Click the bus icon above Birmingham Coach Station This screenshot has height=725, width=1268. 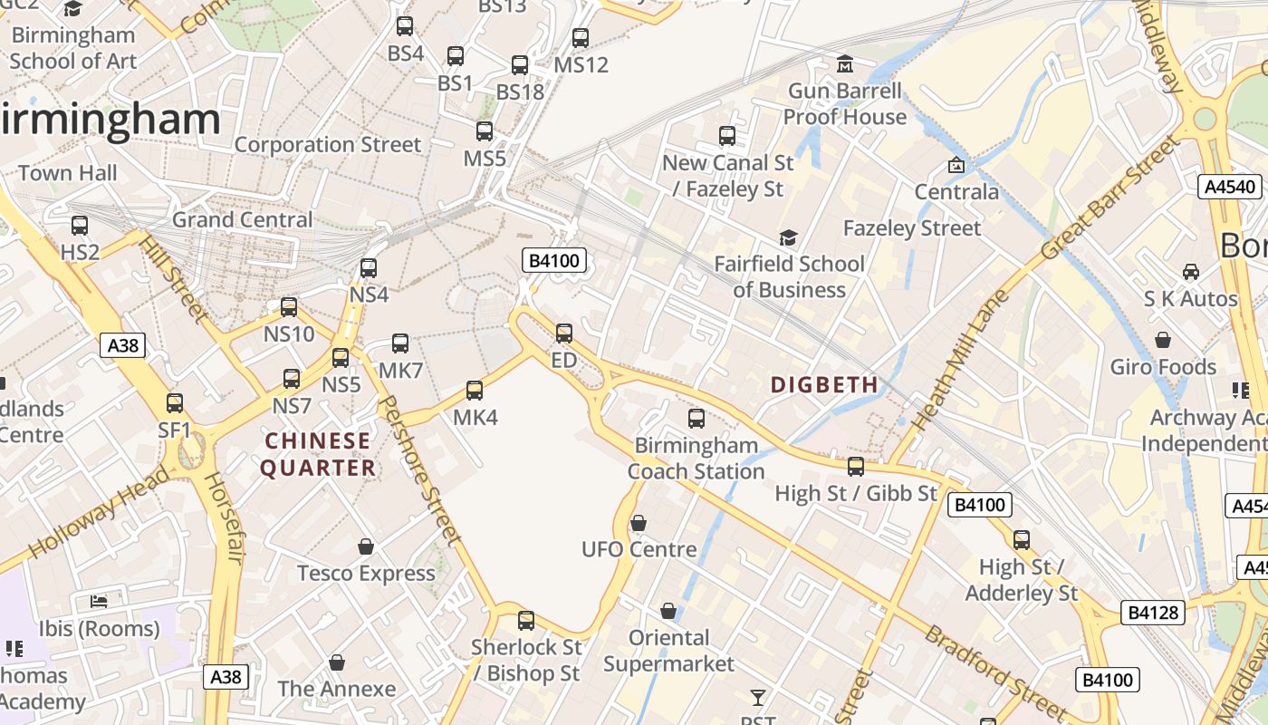(696, 419)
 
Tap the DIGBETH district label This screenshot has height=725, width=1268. (824, 384)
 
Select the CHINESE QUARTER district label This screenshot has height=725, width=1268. (318, 454)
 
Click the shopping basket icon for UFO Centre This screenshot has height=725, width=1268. (639, 523)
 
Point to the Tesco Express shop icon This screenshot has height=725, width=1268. (366, 546)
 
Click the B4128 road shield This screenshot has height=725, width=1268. (1153, 613)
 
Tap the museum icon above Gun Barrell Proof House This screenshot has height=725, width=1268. (845, 64)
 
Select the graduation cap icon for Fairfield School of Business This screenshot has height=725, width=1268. (788, 237)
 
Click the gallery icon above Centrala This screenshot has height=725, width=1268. (956, 165)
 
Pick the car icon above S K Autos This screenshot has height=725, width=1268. (1190, 272)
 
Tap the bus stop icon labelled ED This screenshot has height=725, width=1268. (563, 333)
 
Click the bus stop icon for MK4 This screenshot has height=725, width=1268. (475, 391)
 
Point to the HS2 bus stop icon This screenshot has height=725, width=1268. (80, 226)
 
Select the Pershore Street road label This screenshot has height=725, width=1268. (419, 471)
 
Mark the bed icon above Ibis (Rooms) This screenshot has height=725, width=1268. (99, 602)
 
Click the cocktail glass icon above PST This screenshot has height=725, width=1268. (757, 698)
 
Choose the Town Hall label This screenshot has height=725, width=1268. (68, 172)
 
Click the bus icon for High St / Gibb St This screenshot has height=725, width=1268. (855, 467)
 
